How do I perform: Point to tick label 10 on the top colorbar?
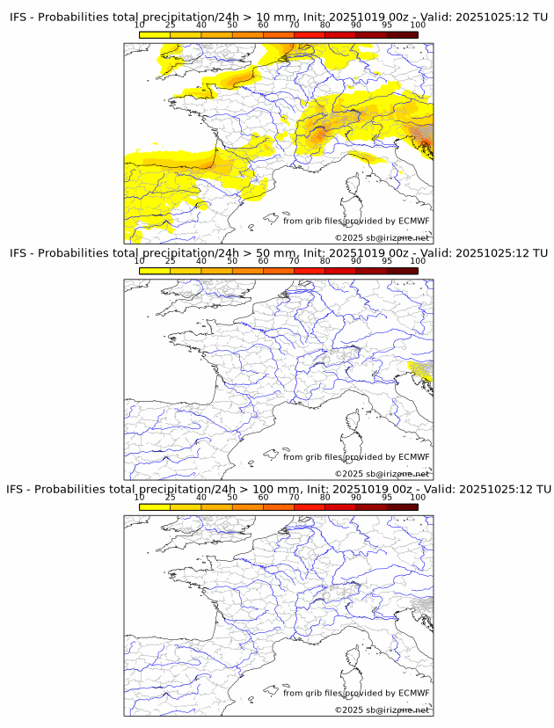140,25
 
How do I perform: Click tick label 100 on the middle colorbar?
418,261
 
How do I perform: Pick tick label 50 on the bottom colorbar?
232,498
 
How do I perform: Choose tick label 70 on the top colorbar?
294,25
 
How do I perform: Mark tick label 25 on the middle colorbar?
171,261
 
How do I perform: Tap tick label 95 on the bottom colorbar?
387,498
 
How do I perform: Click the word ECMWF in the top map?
414,222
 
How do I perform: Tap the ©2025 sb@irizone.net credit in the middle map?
382,474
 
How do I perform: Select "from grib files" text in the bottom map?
311,694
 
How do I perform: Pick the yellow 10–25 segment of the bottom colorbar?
155,507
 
